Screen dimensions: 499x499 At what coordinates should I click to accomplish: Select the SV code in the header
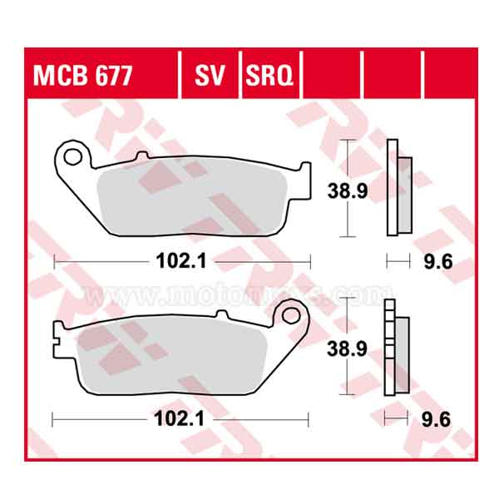click(210, 77)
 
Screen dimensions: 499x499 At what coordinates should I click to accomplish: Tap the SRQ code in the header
click(268, 77)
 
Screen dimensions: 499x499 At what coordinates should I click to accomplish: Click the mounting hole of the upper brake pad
click(73, 156)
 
